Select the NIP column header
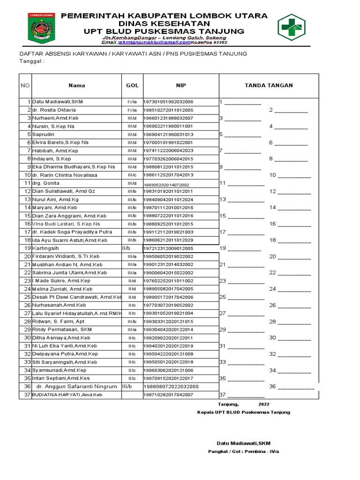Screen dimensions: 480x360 pos(181,85)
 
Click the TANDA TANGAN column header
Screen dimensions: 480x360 pos(269,85)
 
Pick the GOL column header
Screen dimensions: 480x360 pos(132,85)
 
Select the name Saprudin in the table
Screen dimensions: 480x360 pos(42,135)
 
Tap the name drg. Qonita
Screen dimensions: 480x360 pos(45,183)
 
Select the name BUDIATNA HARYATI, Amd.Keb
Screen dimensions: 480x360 pos(67,395)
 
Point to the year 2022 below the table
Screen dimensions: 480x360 pos(264,404)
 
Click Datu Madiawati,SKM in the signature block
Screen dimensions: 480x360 pos(243,443)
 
